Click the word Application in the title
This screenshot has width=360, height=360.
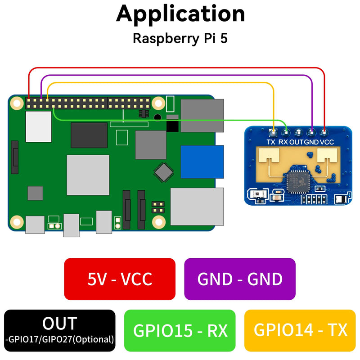(180, 14)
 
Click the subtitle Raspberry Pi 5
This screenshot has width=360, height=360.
(180, 38)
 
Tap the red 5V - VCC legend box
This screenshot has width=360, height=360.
(120, 279)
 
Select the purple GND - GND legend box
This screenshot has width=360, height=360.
(240, 279)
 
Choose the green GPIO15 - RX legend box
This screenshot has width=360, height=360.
(180, 330)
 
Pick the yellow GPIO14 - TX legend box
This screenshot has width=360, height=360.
(300, 330)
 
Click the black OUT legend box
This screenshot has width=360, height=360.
(60, 330)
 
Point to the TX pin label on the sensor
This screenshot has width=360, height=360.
(271, 142)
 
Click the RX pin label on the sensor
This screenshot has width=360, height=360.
(283, 142)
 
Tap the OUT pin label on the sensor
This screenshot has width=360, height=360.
(297, 142)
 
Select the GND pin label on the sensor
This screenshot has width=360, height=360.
(311, 142)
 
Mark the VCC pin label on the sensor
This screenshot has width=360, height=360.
(327, 142)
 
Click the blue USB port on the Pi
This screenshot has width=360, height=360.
(202, 162)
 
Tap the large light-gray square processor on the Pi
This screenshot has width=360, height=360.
(88, 175)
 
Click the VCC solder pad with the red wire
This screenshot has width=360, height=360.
(324, 132)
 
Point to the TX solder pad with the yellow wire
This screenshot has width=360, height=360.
(273, 132)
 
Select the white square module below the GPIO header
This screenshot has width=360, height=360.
(39, 126)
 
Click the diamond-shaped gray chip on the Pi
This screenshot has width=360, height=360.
(163, 172)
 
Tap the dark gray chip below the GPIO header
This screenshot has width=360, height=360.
(89, 135)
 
